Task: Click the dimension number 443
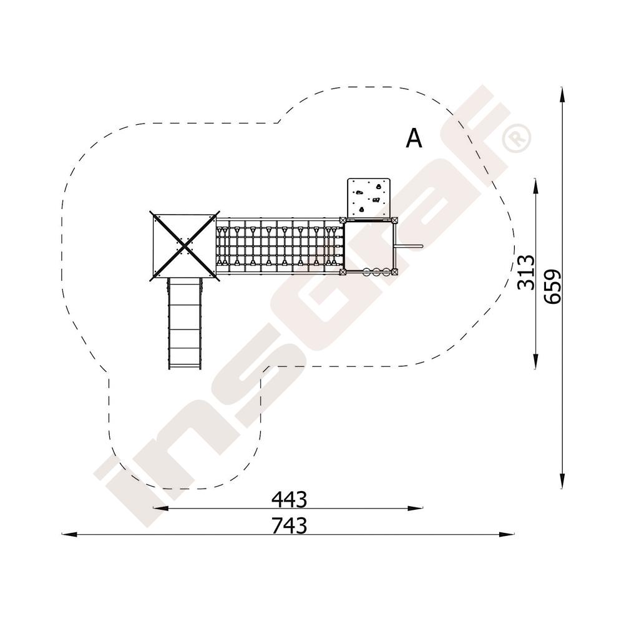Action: click(290, 499)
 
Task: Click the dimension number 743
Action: click(290, 525)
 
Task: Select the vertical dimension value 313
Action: click(525, 272)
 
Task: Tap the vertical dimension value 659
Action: click(552, 286)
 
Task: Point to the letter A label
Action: click(414, 139)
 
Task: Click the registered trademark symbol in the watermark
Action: click(517, 138)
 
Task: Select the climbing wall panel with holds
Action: click(369, 198)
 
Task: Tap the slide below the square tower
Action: click(185, 323)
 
